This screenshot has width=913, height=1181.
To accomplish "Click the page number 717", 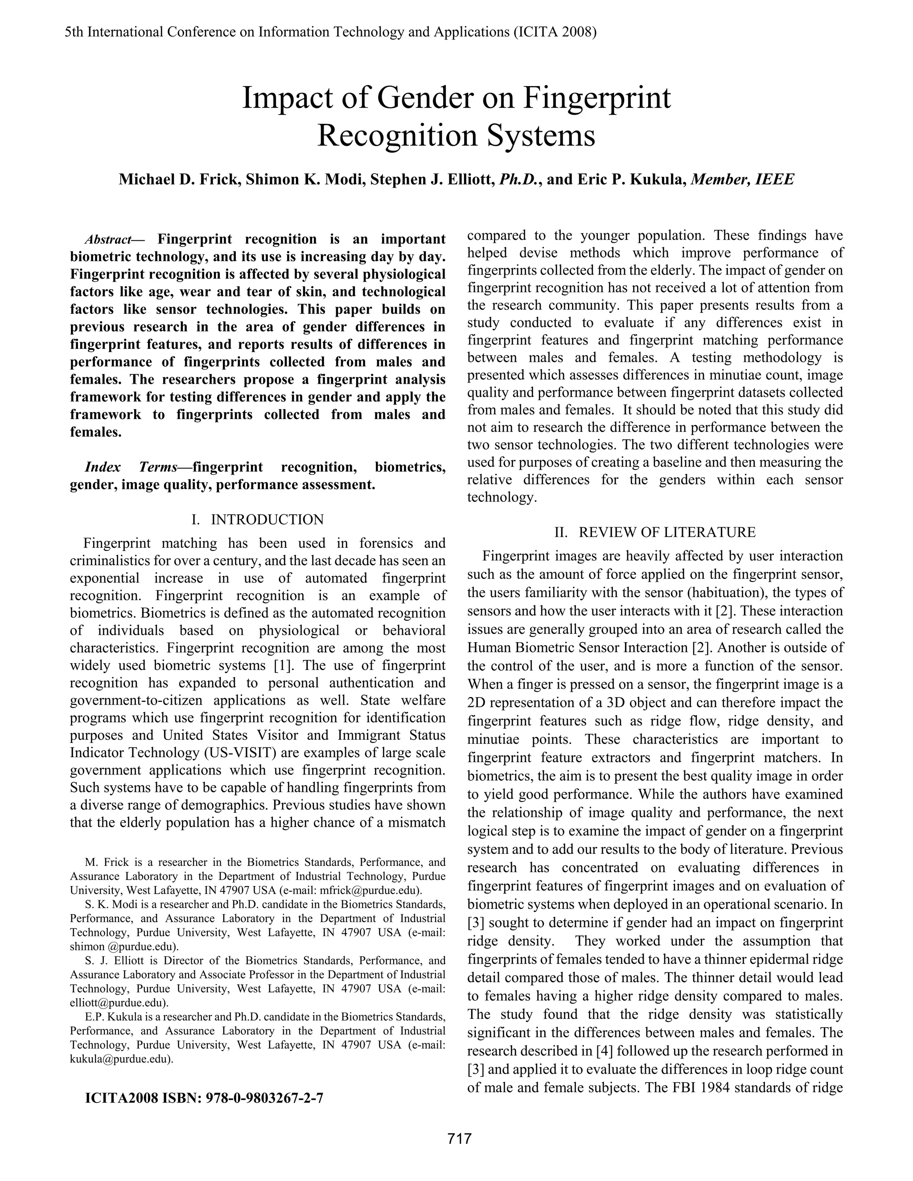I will (x=459, y=1138).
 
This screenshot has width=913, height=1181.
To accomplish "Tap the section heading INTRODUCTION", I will (x=267, y=520).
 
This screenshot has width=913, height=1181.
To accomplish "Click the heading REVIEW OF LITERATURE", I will (x=667, y=532).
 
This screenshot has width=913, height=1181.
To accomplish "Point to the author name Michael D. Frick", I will (x=180, y=179).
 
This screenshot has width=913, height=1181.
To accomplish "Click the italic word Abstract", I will (x=107, y=240).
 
